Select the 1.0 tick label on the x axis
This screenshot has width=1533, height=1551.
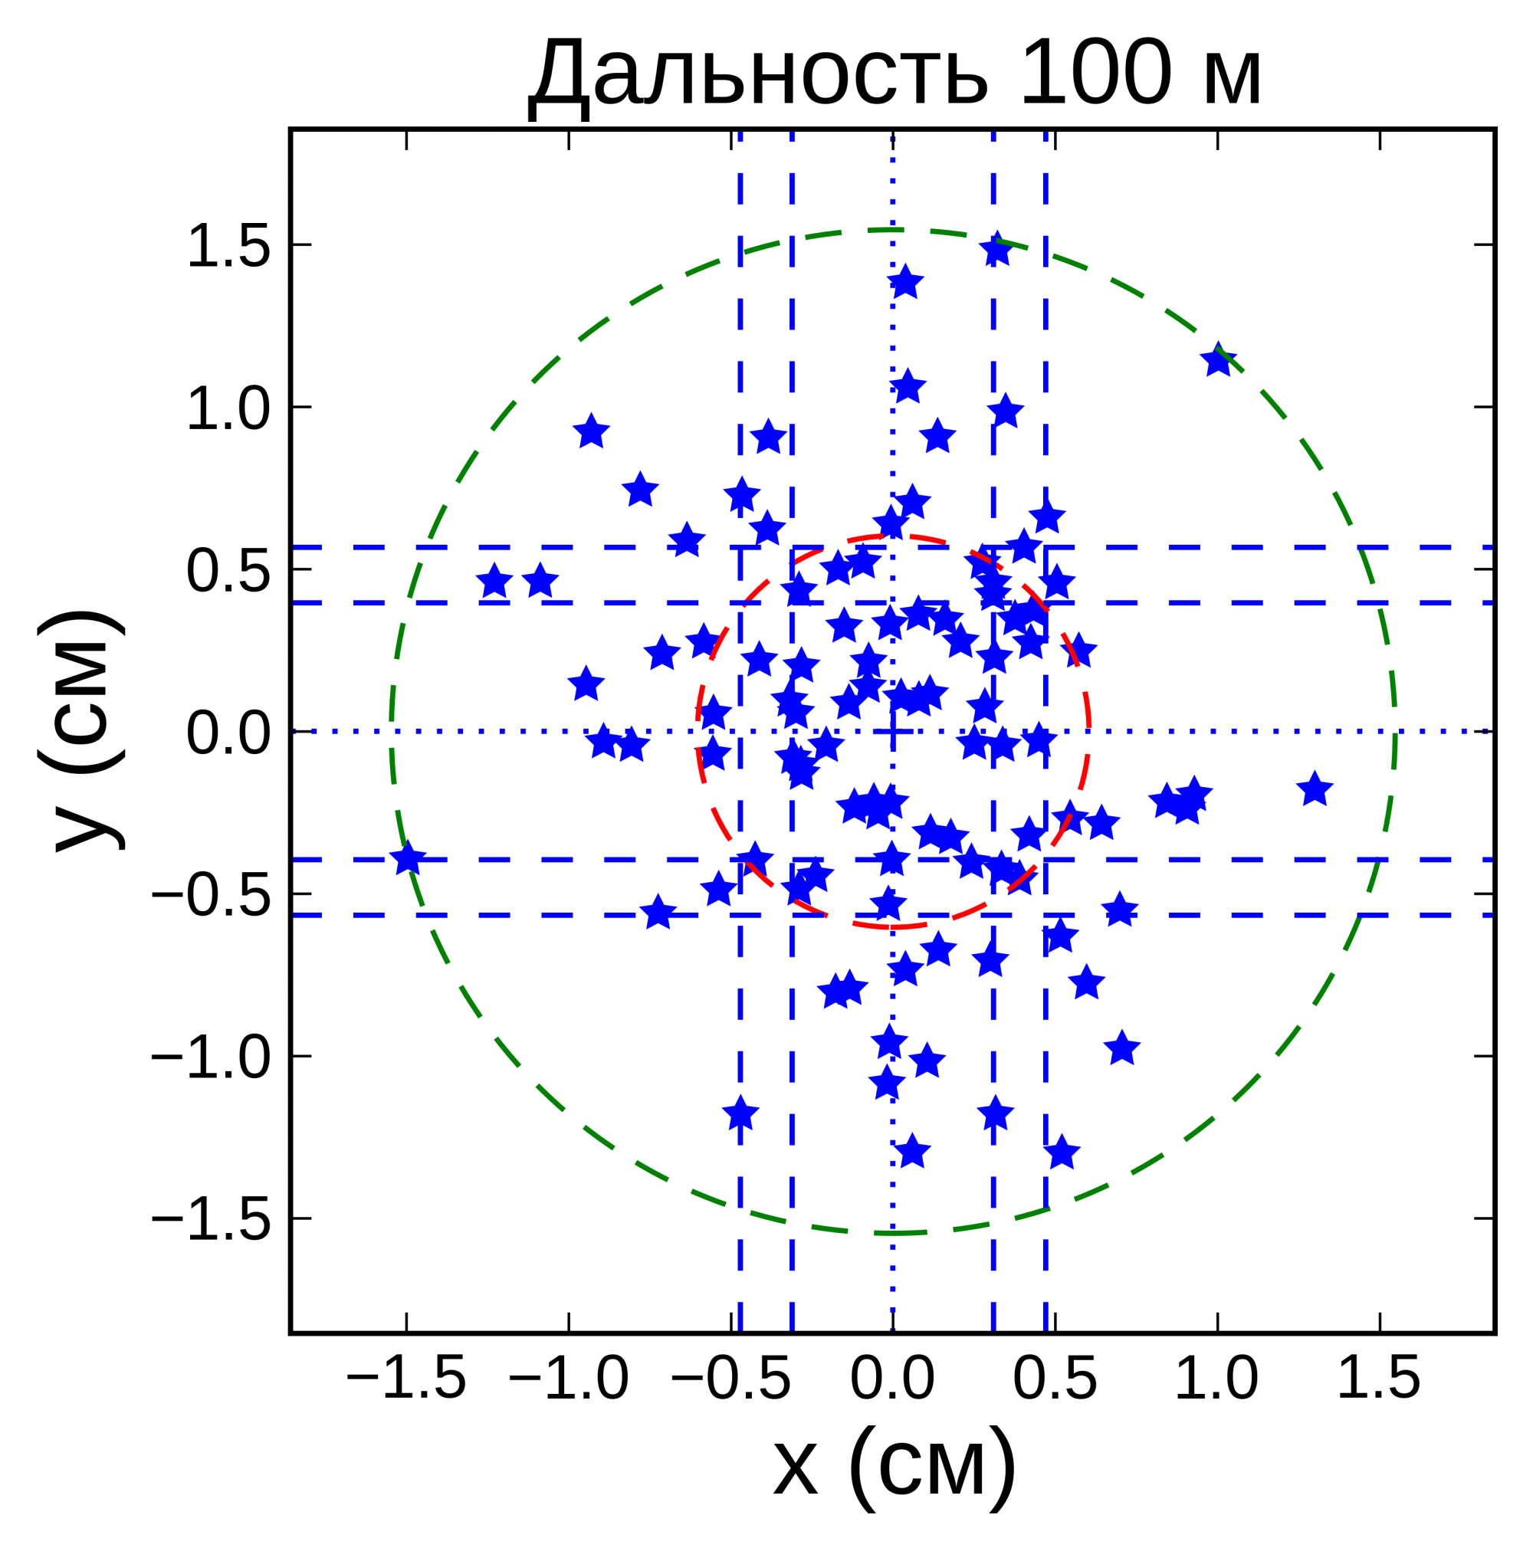click(x=1216, y=1379)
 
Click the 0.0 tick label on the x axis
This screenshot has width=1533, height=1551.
click(x=892, y=1379)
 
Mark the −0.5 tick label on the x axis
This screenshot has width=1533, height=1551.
click(x=730, y=1379)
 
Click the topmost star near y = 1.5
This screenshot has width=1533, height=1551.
click(x=996, y=251)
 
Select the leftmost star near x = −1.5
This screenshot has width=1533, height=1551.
click(x=408, y=859)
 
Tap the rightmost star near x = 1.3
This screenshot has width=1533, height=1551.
click(x=1315, y=790)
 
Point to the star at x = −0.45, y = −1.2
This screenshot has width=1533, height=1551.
click(x=740, y=1114)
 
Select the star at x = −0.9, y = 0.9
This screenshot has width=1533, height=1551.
click(x=592, y=433)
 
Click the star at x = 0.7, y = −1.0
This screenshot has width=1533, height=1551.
click(x=1122, y=1049)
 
